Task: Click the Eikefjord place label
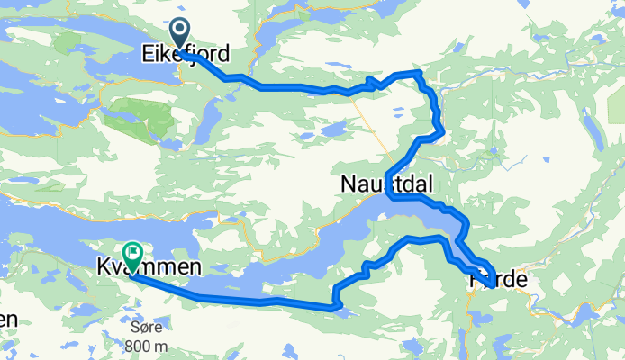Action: pyautogui.click(x=185, y=55)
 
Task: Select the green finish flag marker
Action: pyautogui.click(x=132, y=255)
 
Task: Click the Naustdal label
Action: pyautogui.click(x=386, y=184)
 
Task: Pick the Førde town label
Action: pyautogui.click(x=497, y=281)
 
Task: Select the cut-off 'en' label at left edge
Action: pyautogui.click(x=7, y=319)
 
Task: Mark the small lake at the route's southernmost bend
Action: pyautogui.click(x=340, y=310)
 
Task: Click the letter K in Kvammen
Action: pyautogui.click(x=102, y=267)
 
